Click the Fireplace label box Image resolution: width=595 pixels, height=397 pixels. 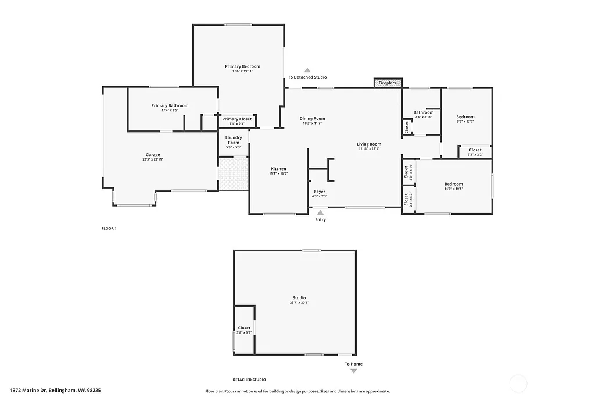[x=388, y=83]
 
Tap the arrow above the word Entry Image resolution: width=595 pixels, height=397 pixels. [x=320, y=213]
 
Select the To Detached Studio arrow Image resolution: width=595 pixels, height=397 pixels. [x=307, y=70]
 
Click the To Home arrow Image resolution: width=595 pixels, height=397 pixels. [x=353, y=371]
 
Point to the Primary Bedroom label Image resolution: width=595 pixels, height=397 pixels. [x=242, y=66]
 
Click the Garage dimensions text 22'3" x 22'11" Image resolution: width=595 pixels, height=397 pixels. [x=153, y=159]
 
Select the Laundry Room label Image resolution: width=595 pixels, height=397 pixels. [x=234, y=140]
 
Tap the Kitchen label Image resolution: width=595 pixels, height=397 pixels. [x=278, y=169]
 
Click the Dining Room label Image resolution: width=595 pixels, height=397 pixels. [x=313, y=119]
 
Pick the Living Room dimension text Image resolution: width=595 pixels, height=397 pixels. [x=369, y=149]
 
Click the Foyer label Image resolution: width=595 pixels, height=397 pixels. [x=320, y=192]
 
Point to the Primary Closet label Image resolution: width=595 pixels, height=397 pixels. [x=237, y=119]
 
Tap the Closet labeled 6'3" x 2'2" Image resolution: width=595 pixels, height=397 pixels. [x=475, y=150]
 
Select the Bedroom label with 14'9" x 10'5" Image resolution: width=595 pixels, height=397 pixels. [x=453, y=184]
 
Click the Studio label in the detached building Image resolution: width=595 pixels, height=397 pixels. [x=299, y=298]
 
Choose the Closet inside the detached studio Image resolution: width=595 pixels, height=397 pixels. [x=244, y=328]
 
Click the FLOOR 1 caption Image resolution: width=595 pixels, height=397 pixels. [x=109, y=229]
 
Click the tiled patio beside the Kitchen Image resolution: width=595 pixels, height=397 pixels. [x=234, y=174]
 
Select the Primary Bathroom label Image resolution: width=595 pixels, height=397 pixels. [x=170, y=105]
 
